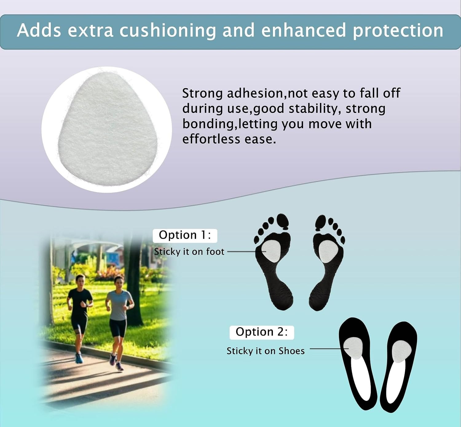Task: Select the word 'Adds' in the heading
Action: pyautogui.click(x=39, y=30)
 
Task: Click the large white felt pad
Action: pyautogui.click(x=108, y=129)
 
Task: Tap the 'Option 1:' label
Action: pyautogui.click(x=185, y=235)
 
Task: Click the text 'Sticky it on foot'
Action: pyautogui.click(x=189, y=252)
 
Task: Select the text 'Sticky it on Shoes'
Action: pyautogui.click(x=266, y=351)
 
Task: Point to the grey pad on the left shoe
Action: pyautogui.click(x=353, y=348)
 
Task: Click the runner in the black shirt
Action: pyautogui.click(x=80, y=317)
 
